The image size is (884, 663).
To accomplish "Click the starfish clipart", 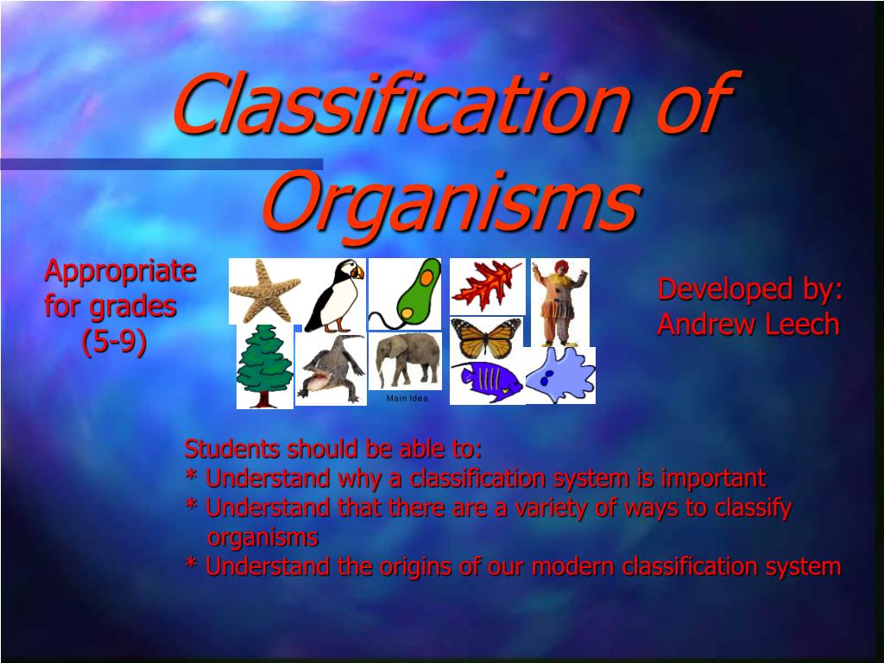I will tap(264, 290).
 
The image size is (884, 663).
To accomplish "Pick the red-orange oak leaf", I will tap(487, 286).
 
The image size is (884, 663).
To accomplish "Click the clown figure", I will tap(559, 302).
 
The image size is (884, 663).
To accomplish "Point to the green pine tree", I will tap(265, 366).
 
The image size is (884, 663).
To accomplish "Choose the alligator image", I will tap(332, 369).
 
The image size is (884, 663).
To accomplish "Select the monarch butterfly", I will tap(486, 338).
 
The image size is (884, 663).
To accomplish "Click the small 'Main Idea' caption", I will tap(407, 399).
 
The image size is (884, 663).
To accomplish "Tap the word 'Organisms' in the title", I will tap(450, 201).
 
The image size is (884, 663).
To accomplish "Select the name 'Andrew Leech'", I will tap(748, 325).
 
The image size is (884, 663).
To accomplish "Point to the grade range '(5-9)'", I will tap(114, 342).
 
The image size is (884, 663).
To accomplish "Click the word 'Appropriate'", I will tap(120, 271).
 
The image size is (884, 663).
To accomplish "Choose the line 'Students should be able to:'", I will tap(333, 449).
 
